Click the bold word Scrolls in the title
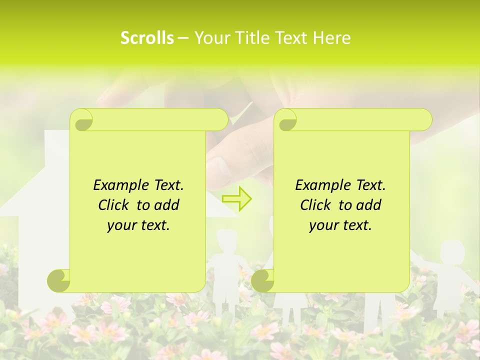[x=147, y=38]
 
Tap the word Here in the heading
[x=332, y=38]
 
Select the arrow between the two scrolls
[x=236, y=199]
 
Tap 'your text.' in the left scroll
[x=138, y=225]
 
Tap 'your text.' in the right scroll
[x=340, y=225]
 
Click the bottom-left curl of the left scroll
[x=59, y=280]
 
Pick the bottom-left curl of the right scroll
[x=262, y=280]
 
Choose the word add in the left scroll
[x=166, y=205]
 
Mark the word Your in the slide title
[x=210, y=38]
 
